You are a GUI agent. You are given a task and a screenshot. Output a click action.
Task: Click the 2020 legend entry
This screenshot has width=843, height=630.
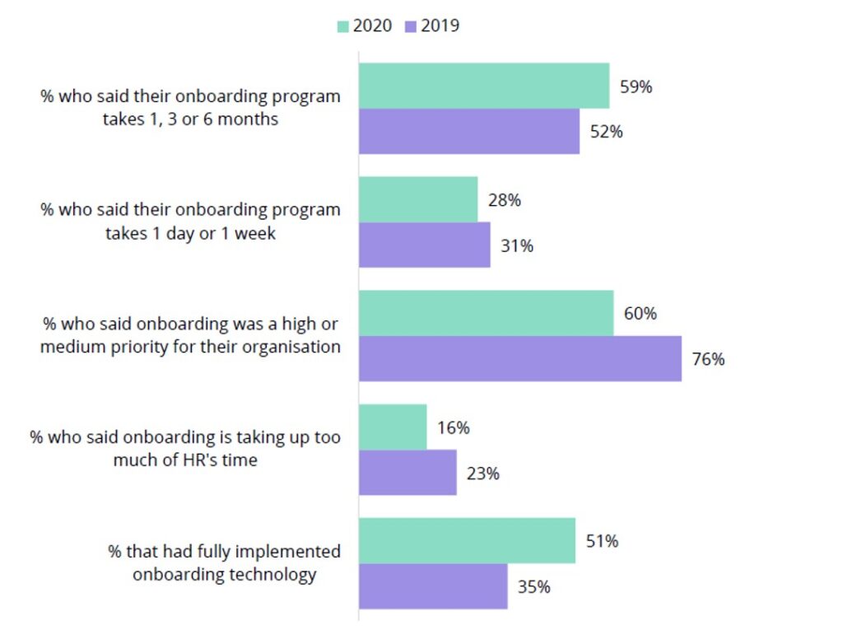click(365, 26)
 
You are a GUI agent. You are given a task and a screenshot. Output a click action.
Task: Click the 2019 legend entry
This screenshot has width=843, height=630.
click(432, 26)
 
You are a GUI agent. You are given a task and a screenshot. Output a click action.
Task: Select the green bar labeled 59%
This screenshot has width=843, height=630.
click(483, 86)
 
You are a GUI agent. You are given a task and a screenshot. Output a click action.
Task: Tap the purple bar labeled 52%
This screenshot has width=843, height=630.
click(468, 132)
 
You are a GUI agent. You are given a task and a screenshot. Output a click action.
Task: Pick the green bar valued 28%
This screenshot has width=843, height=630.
click(417, 199)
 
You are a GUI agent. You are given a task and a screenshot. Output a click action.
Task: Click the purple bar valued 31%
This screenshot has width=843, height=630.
click(424, 245)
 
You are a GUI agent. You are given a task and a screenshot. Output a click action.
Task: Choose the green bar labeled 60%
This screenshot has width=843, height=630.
click(486, 313)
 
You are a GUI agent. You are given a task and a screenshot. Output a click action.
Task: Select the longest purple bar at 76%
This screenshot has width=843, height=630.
click(519, 359)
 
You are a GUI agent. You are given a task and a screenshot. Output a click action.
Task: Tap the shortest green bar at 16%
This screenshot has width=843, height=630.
click(393, 427)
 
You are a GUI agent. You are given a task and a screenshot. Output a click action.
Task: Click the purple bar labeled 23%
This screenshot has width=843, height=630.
click(408, 473)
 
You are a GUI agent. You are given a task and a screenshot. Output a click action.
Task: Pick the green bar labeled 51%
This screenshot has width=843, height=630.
click(467, 541)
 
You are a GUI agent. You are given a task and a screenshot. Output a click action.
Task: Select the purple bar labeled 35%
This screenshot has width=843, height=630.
click(433, 586)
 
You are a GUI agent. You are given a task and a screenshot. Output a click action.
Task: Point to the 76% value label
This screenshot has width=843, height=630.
click(708, 360)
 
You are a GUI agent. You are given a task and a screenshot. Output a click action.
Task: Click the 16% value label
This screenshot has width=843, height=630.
click(453, 427)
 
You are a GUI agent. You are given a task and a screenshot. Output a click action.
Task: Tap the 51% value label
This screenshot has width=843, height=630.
click(602, 541)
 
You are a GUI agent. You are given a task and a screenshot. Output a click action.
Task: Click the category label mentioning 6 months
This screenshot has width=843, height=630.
click(190, 108)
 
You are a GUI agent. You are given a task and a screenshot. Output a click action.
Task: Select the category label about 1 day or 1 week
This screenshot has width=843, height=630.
click(190, 222)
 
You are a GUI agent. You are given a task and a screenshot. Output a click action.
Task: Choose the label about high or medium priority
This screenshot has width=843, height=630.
click(190, 335)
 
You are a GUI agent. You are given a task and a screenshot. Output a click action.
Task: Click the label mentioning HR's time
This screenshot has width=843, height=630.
click(185, 449)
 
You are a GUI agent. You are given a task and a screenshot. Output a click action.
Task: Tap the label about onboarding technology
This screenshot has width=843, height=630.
click(224, 563)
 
